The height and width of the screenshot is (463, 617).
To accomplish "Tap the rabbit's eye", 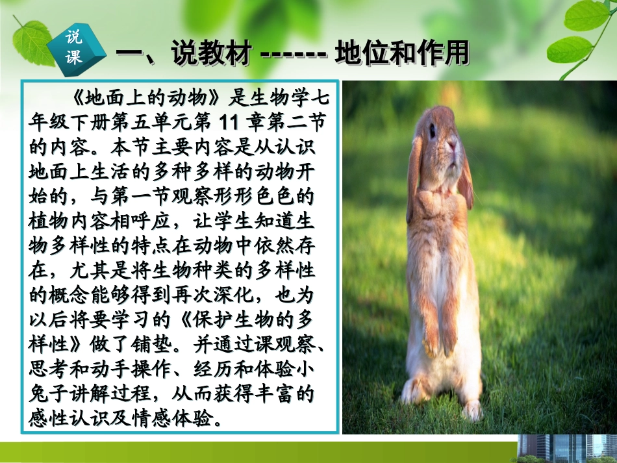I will pyautogui.click(x=432, y=130).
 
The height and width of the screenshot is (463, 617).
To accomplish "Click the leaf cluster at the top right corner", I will pyautogui.click(x=578, y=32).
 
